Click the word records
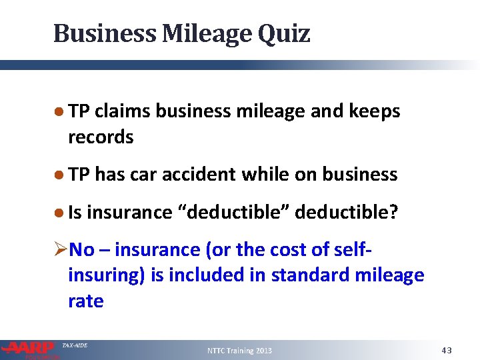point(101,137)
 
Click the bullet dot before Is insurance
point(59,212)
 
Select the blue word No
point(81,250)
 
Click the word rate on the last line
point(85,301)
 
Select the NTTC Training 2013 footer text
point(239,351)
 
